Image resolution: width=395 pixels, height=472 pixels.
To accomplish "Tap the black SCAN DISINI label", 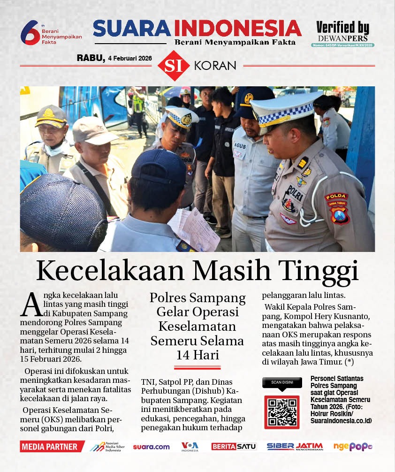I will pos(281,382).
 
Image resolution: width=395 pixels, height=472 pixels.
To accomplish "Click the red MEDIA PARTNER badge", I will pos(52,447).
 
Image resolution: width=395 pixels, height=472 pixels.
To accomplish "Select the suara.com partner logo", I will pos(151,447).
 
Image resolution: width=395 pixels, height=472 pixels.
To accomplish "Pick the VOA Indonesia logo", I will pos(190,447).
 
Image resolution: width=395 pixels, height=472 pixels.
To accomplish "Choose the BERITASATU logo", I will pos(234,447).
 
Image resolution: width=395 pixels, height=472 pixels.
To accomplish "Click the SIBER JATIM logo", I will pos(295,447).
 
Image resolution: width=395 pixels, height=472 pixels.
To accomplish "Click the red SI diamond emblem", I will pos(174,65).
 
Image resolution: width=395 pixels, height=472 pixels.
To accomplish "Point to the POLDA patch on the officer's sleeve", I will pos(336,197).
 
